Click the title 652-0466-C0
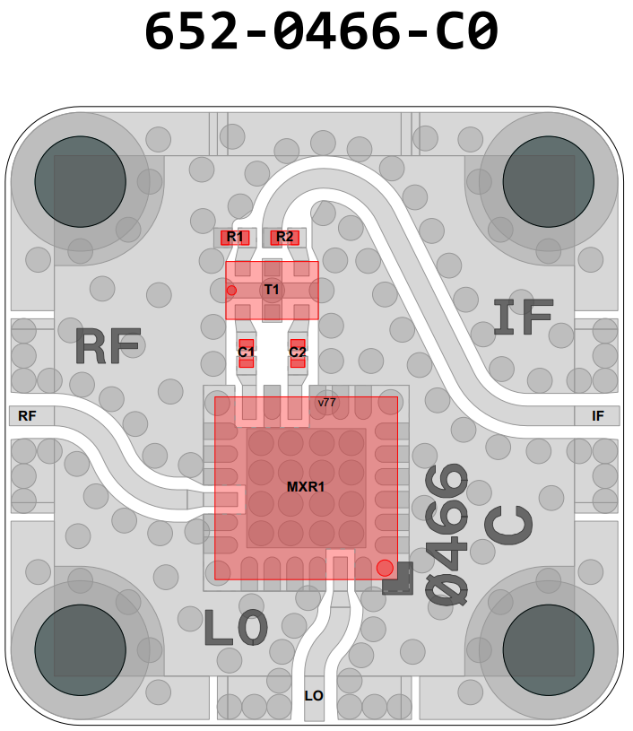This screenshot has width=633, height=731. [320, 34]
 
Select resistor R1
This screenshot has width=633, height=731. [236, 237]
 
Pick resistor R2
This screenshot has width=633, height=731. [285, 237]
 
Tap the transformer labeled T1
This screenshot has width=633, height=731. [272, 290]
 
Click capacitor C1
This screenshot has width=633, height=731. [247, 352]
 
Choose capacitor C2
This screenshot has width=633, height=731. [298, 352]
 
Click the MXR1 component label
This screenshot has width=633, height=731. [306, 487]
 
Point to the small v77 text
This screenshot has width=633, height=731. [326, 403]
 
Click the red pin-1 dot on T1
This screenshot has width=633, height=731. [231, 290]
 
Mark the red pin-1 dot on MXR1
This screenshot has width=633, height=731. [385, 567]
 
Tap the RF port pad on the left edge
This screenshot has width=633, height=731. [28, 415]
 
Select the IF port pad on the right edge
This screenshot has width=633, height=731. [598, 415]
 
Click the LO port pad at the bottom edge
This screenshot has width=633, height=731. [314, 696]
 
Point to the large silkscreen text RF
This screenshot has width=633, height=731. [108, 346]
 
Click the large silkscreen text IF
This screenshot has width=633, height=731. [525, 318]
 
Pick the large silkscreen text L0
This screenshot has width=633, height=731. [236, 627]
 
